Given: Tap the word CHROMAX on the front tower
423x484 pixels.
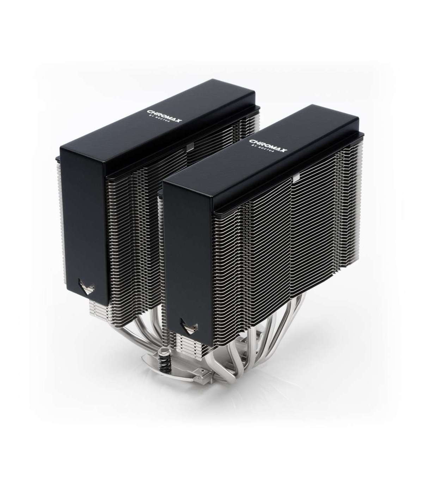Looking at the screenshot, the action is (268, 145).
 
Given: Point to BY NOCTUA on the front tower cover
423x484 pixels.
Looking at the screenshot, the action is (263, 149).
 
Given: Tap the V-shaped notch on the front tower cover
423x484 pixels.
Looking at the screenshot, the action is (189, 326).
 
